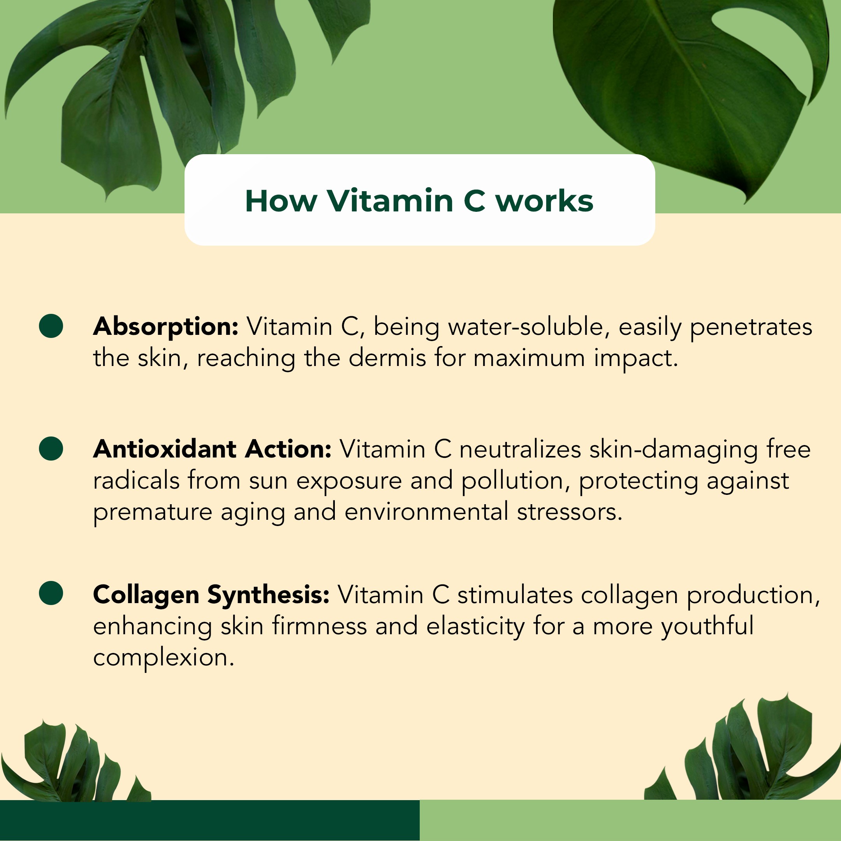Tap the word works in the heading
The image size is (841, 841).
pyautogui.click(x=545, y=201)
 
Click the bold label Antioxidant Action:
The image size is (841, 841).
pyautogui.click(x=213, y=449)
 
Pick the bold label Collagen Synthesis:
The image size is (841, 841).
pyautogui.click(x=211, y=595)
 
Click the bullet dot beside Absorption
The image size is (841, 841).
pyautogui.click(x=51, y=326)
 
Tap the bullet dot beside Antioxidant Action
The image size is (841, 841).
pyautogui.click(x=51, y=449)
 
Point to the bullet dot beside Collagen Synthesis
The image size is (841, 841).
pyautogui.click(x=51, y=593)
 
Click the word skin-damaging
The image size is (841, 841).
pyautogui.click(x=674, y=450)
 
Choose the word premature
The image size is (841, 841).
pyautogui.click(x=153, y=513)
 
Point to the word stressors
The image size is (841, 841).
pyautogui.click(x=569, y=512)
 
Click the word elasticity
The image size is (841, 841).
pyautogui.click(x=476, y=627)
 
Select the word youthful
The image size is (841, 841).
pyautogui.click(x=707, y=627)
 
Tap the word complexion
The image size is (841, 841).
pyautogui.click(x=164, y=658)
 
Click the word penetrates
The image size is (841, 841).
pyautogui.click(x=751, y=327)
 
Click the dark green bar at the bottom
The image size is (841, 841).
pyautogui.click(x=210, y=820)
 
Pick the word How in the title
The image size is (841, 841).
pyautogui.click(x=281, y=201)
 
